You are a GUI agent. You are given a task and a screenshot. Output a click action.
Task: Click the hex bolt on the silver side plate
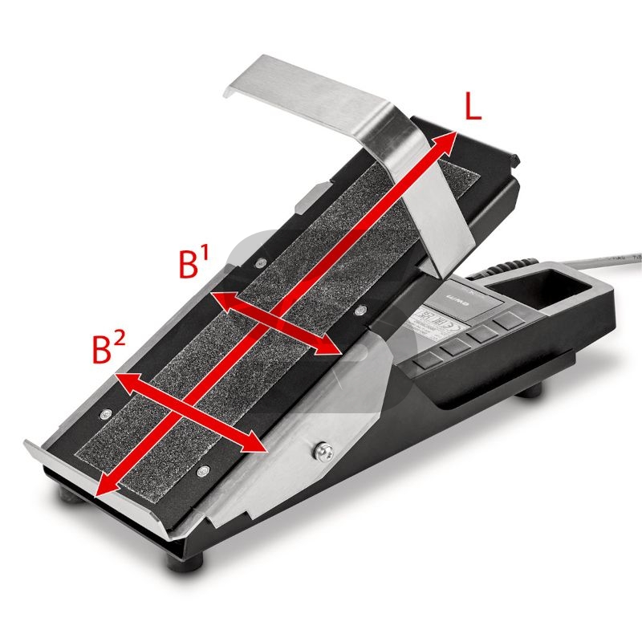(x=323, y=452)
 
